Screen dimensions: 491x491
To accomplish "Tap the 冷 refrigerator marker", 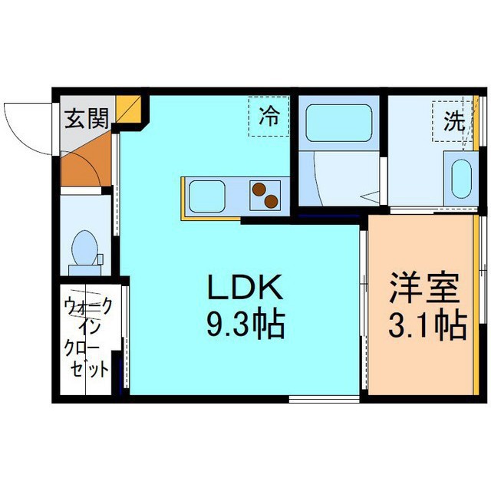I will [x=269, y=117].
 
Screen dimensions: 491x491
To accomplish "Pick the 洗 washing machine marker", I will [x=453, y=121].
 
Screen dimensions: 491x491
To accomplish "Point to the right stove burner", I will [x=271, y=201].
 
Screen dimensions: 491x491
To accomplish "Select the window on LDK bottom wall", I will [x=322, y=397].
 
